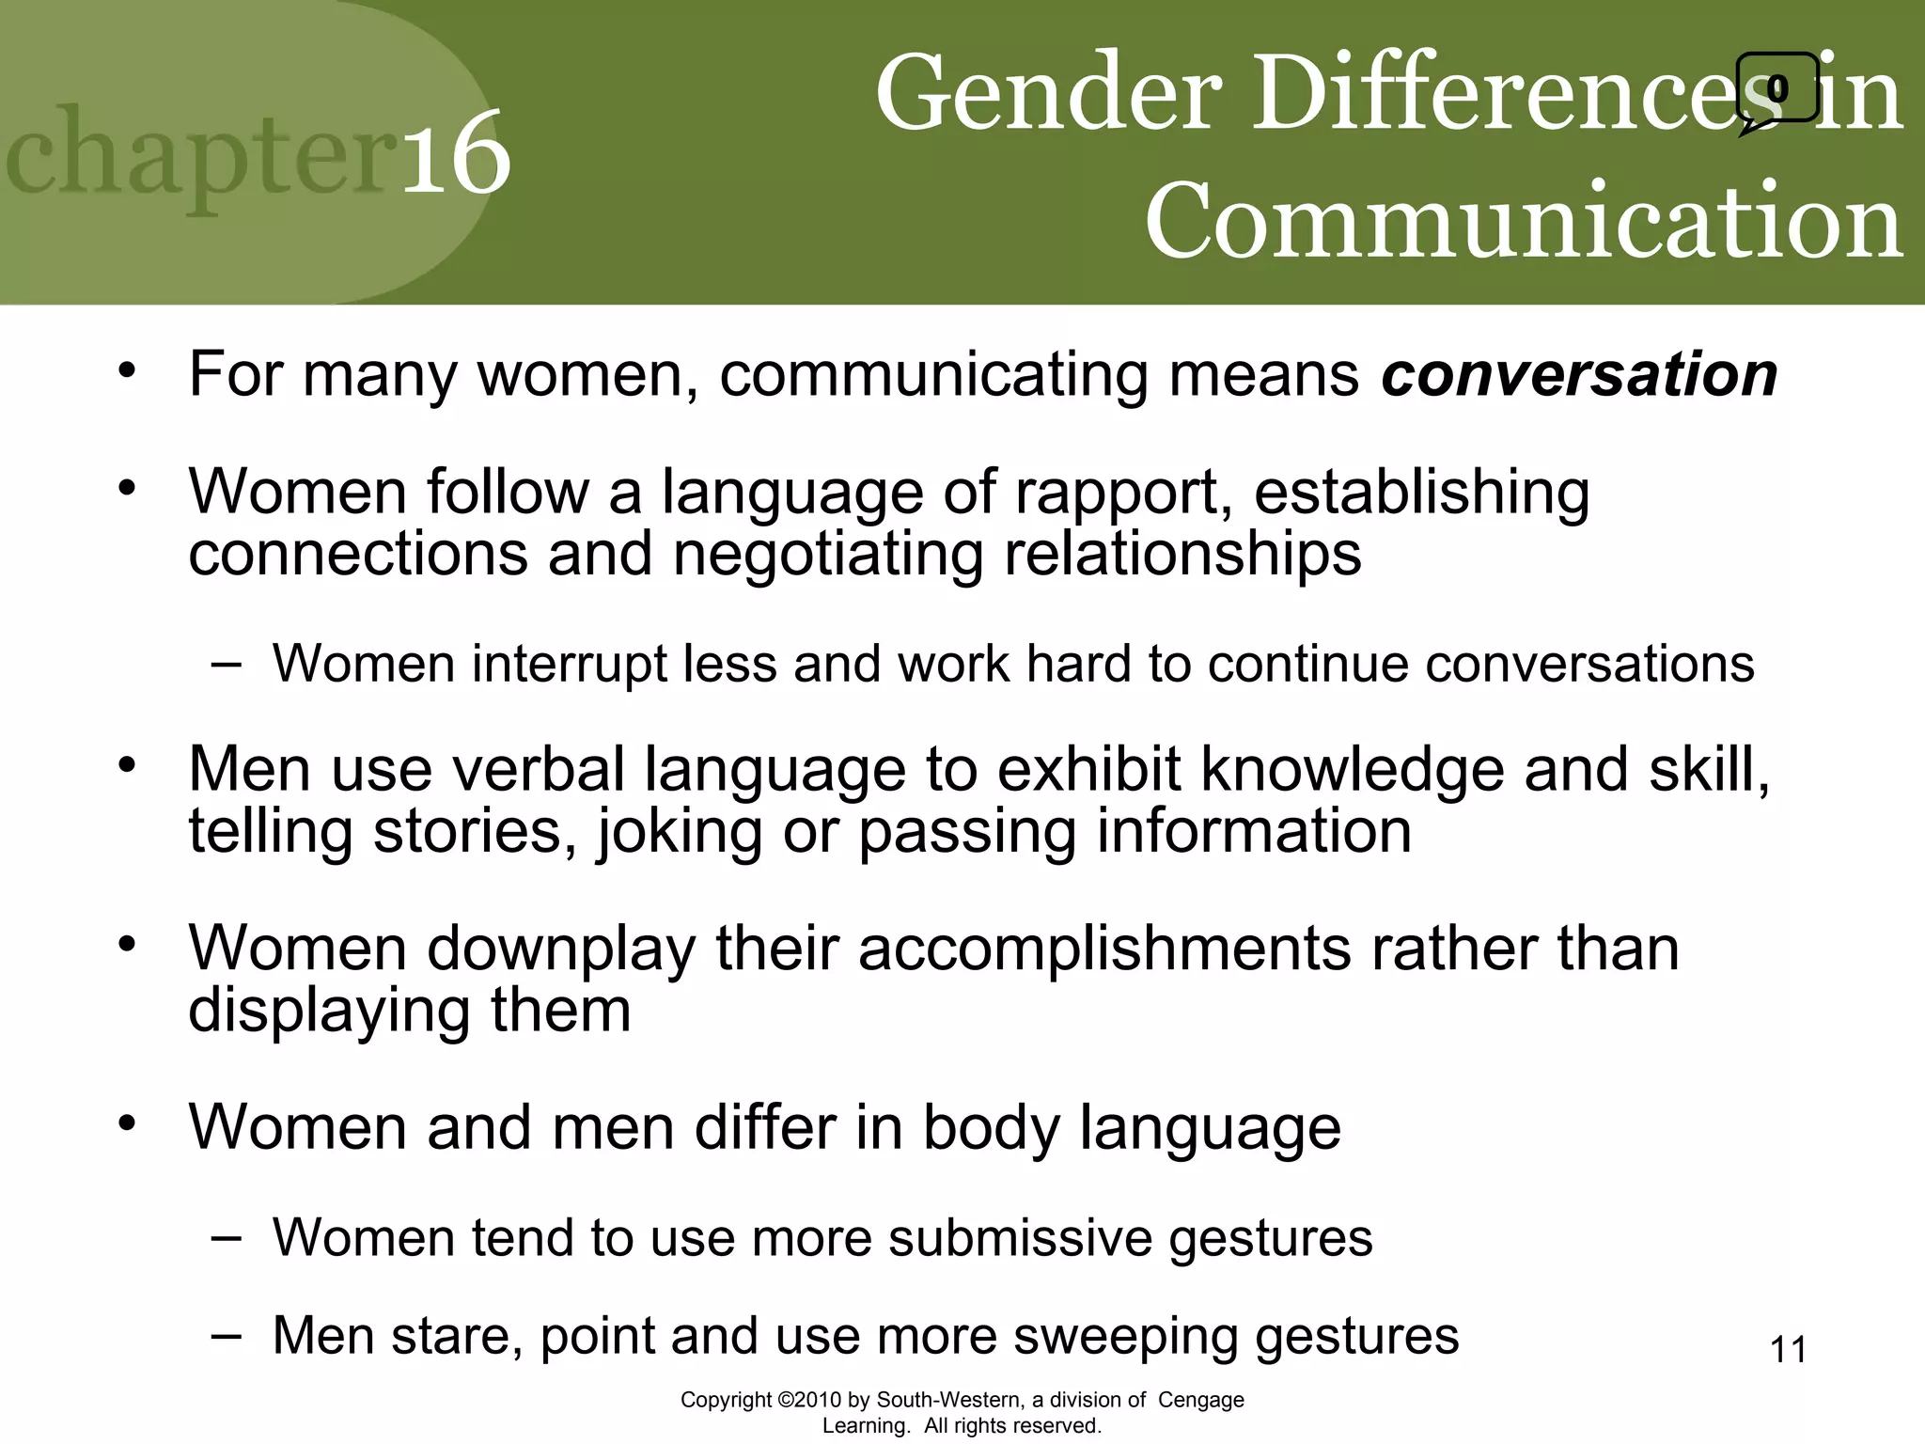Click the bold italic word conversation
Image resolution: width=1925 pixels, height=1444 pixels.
tap(1579, 375)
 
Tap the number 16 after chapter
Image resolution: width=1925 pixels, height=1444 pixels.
tap(457, 155)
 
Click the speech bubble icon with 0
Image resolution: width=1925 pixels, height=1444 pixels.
tap(1776, 90)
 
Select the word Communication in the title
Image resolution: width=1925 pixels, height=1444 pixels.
tap(1524, 221)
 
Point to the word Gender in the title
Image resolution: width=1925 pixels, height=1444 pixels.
tap(1049, 94)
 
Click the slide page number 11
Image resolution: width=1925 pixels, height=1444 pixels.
tap(1788, 1350)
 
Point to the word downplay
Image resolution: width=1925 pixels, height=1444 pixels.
tap(562, 949)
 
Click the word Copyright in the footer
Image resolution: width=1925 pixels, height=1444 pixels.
tap(727, 1400)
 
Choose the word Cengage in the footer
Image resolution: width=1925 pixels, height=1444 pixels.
tap(1200, 1400)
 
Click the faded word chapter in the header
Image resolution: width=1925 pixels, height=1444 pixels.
tap(202, 155)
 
